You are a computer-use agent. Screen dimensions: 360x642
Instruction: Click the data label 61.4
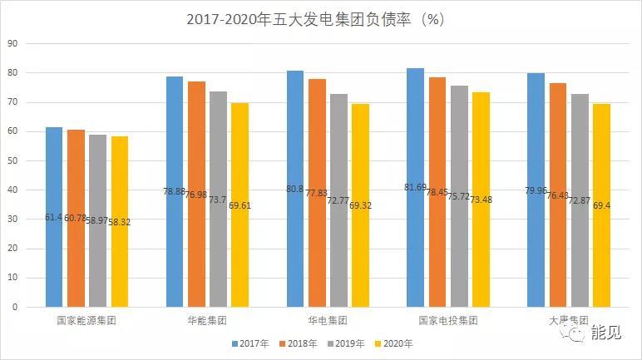click(54, 217)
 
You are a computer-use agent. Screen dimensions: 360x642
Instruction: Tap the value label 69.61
click(240, 203)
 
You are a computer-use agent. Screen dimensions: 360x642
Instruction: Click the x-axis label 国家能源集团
click(86, 320)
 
